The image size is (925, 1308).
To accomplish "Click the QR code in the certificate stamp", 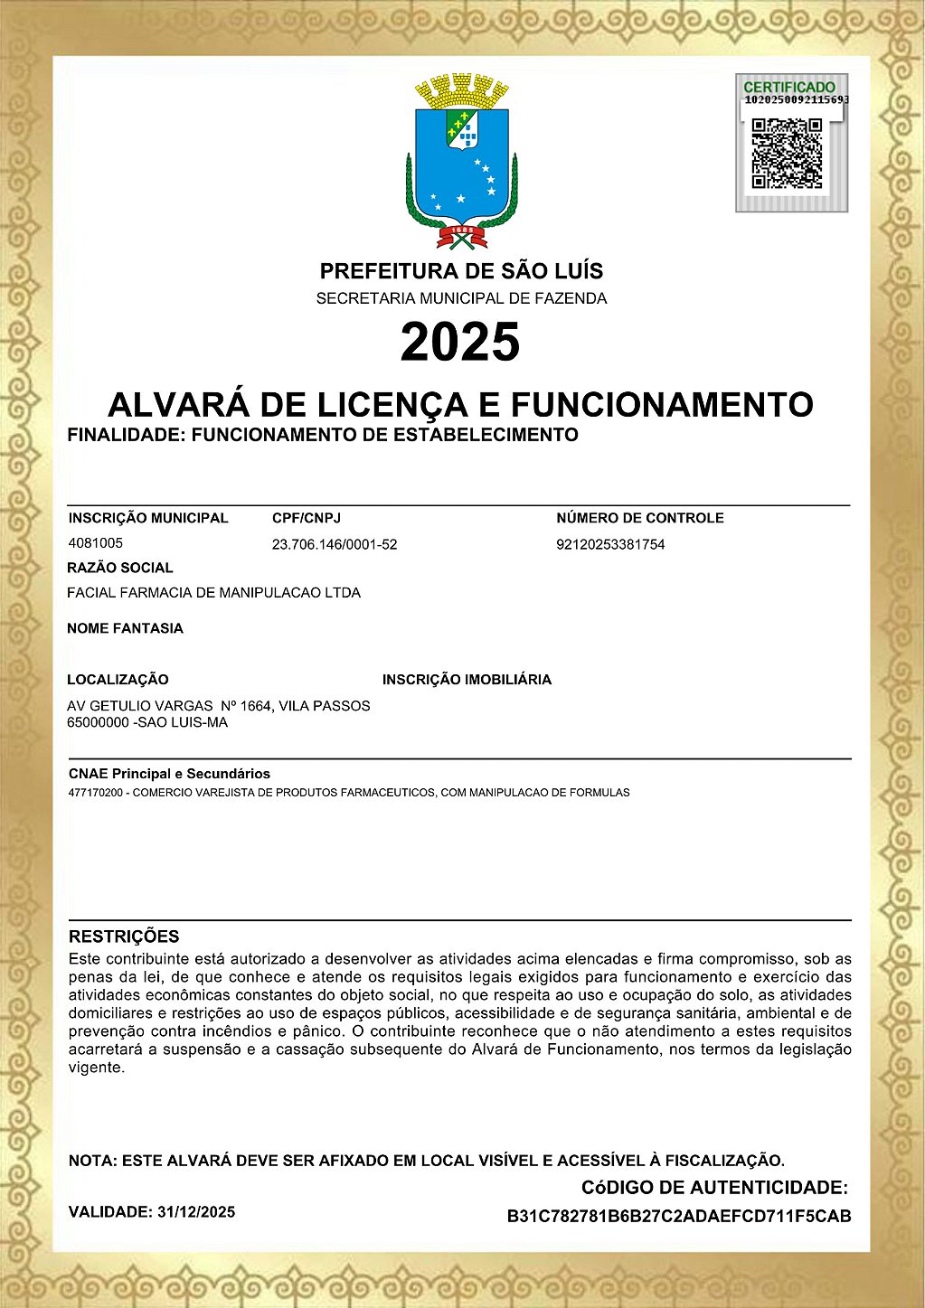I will pyautogui.click(x=787, y=154).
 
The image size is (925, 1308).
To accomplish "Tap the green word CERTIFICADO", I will pyautogui.click(x=789, y=87).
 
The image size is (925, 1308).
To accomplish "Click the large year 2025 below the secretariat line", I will pyautogui.click(x=460, y=342).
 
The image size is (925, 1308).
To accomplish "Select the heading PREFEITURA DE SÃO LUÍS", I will pyautogui.click(x=461, y=271).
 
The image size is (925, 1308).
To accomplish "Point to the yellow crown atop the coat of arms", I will pyautogui.click(x=462, y=91).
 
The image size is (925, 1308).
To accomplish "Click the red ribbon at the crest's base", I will pyautogui.click(x=462, y=237).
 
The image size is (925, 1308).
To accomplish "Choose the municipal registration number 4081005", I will pyautogui.click(x=96, y=543).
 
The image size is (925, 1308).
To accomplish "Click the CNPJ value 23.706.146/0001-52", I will pyautogui.click(x=335, y=544).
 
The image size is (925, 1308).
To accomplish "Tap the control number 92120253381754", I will pyautogui.click(x=610, y=544).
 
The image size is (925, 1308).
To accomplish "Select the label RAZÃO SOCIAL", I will pyautogui.click(x=120, y=568).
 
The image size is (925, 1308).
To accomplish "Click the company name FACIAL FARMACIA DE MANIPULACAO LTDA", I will pyautogui.click(x=213, y=593).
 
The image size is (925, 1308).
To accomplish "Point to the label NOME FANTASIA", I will pyautogui.click(x=125, y=628).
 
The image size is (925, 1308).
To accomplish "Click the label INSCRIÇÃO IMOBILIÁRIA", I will pyautogui.click(x=467, y=680).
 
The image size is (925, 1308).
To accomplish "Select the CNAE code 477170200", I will pyautogui.click(x=97, y=793).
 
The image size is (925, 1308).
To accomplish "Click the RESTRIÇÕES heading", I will pyautogui.click(x=124, y=936).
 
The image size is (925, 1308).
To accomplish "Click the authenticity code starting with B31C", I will pyautogui.click(x=679, y=1217).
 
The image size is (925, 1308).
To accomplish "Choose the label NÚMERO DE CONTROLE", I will pyautogui.click(x=640, y=518).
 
